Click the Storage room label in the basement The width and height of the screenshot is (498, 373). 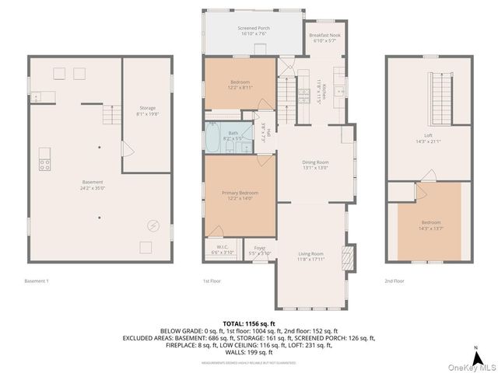(x=148, y=110)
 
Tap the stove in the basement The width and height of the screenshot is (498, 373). (x=45, y=164)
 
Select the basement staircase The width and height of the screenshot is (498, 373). (x=113, y=117)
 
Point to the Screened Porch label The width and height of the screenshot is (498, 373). (x=253, y=31)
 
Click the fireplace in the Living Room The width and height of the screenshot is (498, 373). (x=349, y=256)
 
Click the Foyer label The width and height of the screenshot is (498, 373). (x=260, y=250)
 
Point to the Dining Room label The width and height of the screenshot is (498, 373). (x=315, y=164)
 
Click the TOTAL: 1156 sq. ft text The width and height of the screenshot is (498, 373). (x=249, y=323)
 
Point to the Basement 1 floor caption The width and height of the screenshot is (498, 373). (x=37, y=281)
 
